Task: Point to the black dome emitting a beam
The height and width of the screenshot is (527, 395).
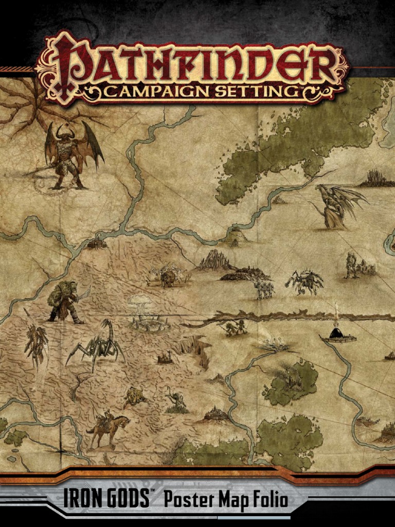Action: coord(337,333)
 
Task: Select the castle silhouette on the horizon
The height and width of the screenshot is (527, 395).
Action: coord(378,178)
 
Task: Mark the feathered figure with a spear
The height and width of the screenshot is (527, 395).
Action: coord(36,342)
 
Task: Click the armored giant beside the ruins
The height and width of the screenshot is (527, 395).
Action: coord(352,265)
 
